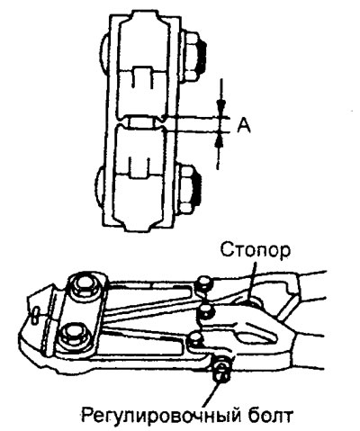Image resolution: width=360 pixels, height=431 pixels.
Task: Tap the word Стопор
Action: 256,251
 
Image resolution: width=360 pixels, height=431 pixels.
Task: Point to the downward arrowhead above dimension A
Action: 221,106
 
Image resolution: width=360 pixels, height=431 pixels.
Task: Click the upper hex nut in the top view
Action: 192,56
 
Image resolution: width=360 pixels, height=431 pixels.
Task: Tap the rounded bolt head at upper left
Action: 104,52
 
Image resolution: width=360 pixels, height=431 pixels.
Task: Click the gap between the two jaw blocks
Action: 143,122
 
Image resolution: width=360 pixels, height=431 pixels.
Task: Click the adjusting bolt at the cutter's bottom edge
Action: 222,368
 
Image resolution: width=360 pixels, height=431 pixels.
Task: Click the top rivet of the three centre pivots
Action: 204,283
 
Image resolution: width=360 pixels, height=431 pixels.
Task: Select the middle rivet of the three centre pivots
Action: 206,311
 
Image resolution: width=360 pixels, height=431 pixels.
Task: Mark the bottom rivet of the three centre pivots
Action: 196,339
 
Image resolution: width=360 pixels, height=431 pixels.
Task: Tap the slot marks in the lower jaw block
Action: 138,166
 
